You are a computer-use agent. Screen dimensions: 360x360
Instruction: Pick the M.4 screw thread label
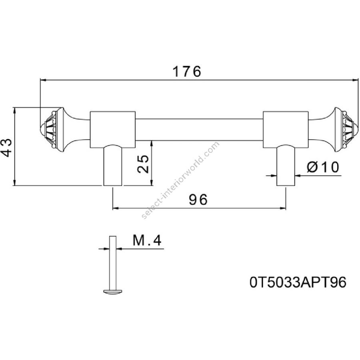[x=146, y=240]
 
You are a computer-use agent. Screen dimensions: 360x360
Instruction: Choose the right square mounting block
[x=286, y=129]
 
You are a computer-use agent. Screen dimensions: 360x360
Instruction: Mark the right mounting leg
[x=286, y=165]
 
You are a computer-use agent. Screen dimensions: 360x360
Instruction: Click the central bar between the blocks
[x=198, y=129]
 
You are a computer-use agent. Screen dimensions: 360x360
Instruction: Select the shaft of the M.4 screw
[x=112, y=262]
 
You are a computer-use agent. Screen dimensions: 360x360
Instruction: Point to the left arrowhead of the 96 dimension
[x=115, y=208]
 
